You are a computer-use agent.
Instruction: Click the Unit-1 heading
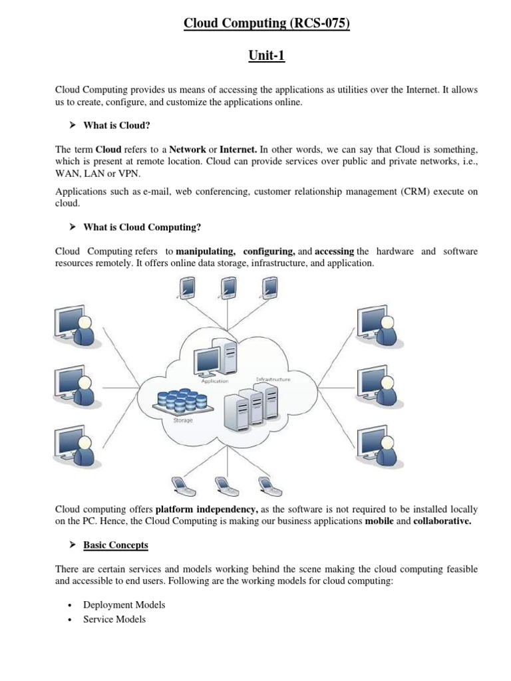[266, 56]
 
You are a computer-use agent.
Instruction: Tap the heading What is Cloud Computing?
[142, 227]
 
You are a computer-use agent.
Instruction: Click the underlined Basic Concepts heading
[116, 545]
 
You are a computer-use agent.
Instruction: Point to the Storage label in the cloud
[183, 420]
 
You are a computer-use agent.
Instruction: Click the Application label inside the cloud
[215, 381]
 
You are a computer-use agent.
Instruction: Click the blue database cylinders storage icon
[181, 400]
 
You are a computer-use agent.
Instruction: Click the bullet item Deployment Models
[124, 605]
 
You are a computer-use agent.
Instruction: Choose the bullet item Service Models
[114, 619]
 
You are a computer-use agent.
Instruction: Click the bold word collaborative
[442, 521]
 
